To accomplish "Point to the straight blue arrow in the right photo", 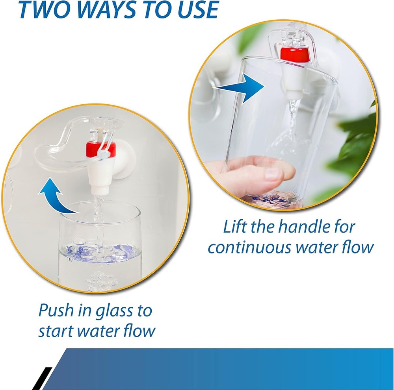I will [x=240, y=87].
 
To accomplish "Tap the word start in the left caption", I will [x=55, y=331].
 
